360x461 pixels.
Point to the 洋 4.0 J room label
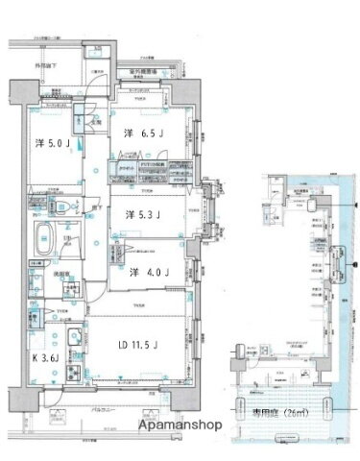tap(147, 273)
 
